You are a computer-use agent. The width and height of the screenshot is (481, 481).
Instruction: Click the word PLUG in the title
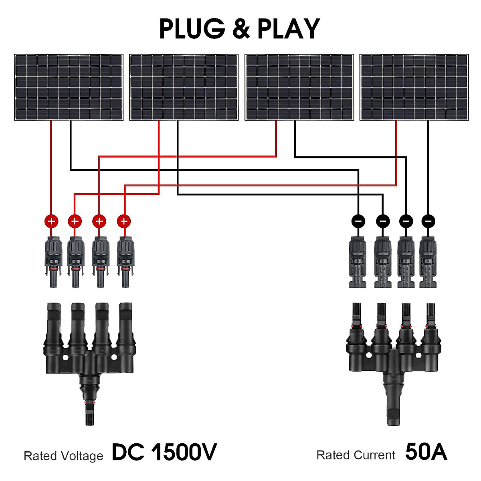click(x=192, y=29)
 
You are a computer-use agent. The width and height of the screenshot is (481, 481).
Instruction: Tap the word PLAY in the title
click(x=288, y=29)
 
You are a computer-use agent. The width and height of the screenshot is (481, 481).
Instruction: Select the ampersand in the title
click(x=241, y=29)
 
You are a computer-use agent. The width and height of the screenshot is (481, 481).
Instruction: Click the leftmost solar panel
click(x=69, y=87)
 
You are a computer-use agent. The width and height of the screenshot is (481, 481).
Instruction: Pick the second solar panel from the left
click(x=184, y=87)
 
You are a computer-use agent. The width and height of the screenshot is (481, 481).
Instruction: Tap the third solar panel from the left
click(x=299, y=87)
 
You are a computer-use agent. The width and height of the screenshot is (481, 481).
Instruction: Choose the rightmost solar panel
click(x=414, y=87)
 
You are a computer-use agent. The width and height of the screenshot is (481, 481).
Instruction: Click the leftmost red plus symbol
click(x=51, y=221)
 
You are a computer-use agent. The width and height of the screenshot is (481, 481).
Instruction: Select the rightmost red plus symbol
click(x=124, y=221)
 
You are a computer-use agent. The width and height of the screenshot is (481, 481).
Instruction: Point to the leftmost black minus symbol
click(x=358, y=221)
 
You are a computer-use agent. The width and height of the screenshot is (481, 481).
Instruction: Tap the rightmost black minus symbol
click(x=428, y=221)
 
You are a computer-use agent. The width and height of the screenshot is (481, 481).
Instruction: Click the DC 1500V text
click(x=164, y=453)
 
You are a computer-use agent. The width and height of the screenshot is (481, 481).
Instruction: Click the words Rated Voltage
click(x=63, y=456)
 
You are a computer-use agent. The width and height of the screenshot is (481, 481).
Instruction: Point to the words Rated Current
click(x=356, y=455)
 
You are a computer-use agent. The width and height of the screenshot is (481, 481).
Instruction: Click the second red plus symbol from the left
click(x=75, y=221)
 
